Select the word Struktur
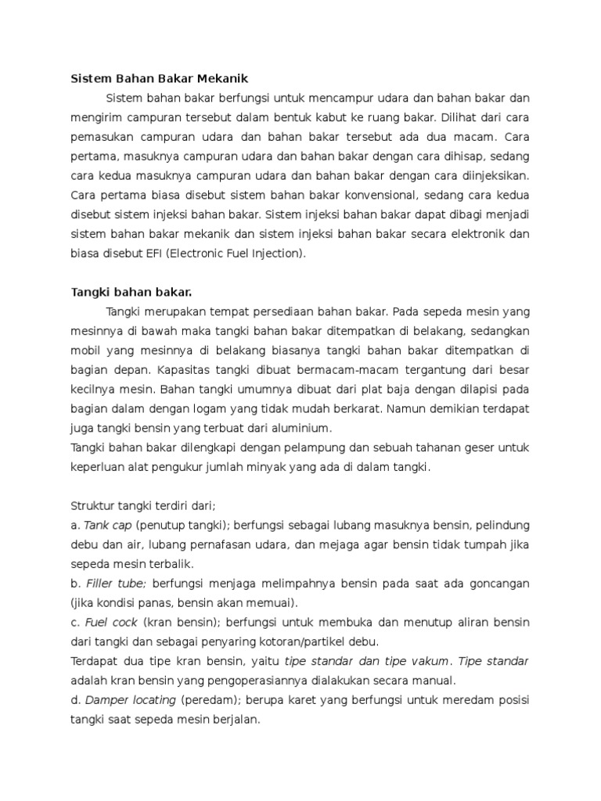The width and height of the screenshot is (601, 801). [x=93, y=505]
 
